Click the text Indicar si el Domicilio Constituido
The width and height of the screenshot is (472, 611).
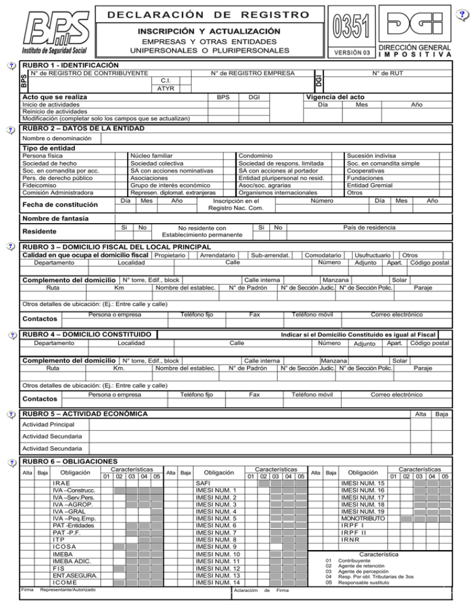coord(353,334)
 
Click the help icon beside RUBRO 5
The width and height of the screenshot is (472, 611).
coord(9,412)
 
